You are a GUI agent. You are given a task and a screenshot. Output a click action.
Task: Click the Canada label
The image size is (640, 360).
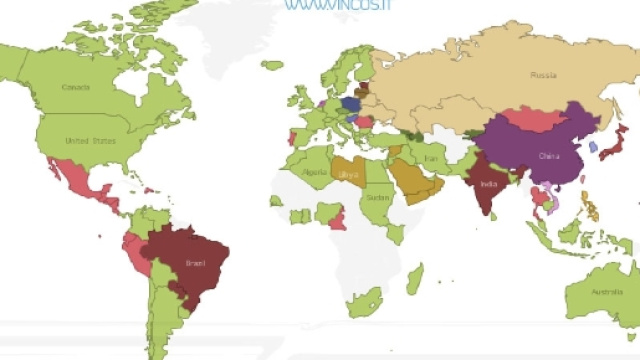(x=76, y=87)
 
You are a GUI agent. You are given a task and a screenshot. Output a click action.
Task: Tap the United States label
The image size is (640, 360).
(x=90, y=141)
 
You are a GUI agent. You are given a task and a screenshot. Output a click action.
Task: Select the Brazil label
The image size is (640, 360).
(x=195, y=264)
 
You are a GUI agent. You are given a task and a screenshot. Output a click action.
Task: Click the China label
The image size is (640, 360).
(x=549, y=156)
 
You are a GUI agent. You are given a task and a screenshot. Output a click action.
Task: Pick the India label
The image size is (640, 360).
(x=489, y=185)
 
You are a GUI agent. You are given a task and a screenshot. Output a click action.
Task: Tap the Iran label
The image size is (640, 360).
(x=431, y=158)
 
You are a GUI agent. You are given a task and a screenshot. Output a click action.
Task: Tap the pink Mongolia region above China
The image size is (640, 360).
(x=540, y=119)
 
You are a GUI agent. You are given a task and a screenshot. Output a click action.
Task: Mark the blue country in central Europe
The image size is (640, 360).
(x=351, y=103)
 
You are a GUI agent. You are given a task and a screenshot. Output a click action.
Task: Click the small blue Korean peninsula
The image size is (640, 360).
(x=594, y=147)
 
